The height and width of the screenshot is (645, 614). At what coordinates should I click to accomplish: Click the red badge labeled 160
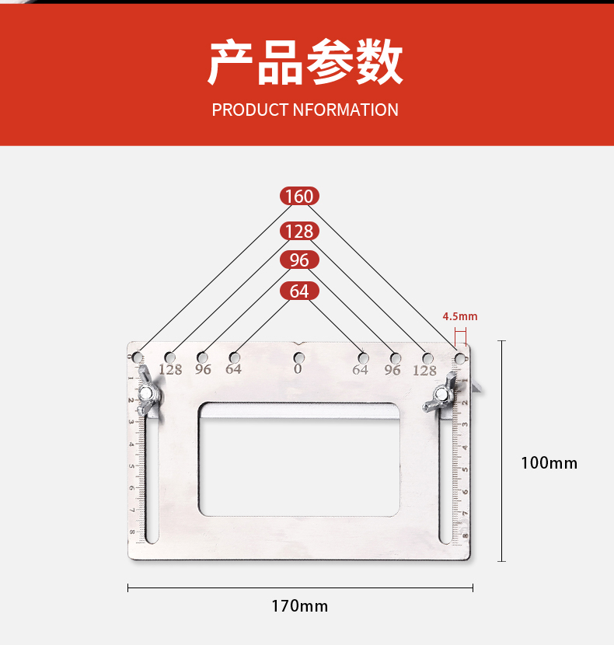(299, 197)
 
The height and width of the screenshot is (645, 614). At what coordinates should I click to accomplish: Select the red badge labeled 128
(299, 231)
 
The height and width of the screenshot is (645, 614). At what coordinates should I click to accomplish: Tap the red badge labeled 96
(299, 260)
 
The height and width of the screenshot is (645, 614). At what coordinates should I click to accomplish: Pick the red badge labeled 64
(299, 291)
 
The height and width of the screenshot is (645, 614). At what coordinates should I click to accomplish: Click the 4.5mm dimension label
(460, 316)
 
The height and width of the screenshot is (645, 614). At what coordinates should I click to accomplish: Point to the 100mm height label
(549, 463)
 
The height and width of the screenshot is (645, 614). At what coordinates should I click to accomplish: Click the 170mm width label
(299, 605)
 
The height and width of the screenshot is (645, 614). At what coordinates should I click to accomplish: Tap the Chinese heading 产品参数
(305, 63)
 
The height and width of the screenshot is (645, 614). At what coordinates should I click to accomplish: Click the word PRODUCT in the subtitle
(250, 110)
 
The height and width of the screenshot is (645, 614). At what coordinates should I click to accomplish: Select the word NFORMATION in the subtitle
(346, 110)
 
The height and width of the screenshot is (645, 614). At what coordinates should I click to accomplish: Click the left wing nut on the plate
(147, 394)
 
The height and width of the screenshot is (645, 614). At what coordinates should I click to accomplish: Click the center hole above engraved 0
(299, 357)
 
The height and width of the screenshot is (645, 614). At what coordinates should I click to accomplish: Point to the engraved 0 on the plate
(298, 370)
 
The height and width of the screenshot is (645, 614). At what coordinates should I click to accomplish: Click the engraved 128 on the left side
(170, 370)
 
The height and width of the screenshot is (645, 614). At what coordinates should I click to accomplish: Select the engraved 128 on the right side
(424, 371)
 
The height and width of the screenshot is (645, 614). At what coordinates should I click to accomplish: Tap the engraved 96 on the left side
(203, 369)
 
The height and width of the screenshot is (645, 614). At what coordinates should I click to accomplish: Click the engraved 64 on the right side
(360, 370)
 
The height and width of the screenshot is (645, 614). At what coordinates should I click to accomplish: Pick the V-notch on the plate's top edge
(299, 343)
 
